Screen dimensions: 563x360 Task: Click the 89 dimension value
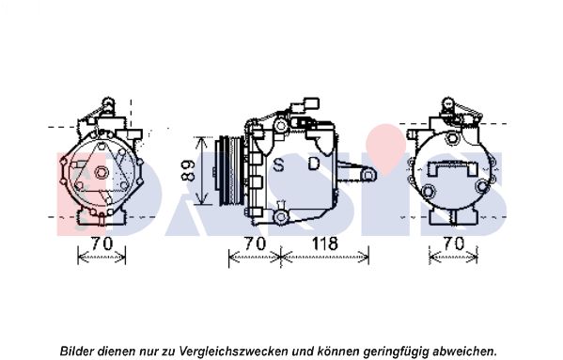click(187, 170)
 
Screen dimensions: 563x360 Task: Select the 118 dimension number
click(325, 244)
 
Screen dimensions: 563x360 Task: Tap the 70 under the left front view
click(102, 243)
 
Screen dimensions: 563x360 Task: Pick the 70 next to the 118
click(255, 243)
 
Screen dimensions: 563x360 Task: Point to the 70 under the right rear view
click(453, 243)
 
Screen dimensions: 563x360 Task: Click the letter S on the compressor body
click(278, 164)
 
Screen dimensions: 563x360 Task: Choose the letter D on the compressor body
click(314, 164)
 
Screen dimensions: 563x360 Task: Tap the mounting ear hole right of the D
click(368, 176)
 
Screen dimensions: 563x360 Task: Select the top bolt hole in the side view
click(280, 126)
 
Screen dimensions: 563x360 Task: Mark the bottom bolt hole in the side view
click(280, 216)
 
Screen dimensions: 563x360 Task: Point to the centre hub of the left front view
click(102, 173)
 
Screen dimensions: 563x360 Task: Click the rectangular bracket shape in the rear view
click(452, 168)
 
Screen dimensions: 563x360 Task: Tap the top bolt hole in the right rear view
click(452, 138)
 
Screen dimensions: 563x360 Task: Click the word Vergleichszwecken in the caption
click(234, 350)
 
